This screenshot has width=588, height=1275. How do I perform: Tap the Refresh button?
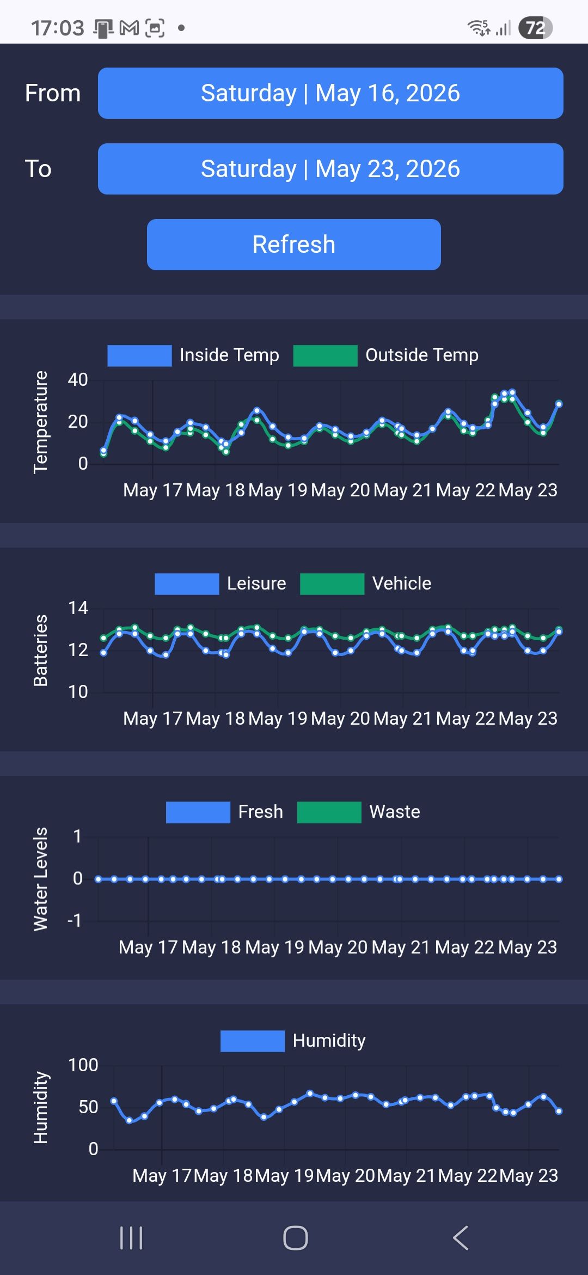coord(294,245)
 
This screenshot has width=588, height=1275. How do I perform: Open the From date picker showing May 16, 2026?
coord(330,93)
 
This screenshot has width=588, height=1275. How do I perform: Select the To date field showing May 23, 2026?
coord(330,169)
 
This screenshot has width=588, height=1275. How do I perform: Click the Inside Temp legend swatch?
coord(139,356)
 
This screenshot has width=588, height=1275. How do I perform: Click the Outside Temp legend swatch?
coord(325,356)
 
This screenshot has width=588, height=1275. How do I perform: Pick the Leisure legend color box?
coord(187,584)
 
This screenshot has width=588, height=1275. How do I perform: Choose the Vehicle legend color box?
coord(332,584)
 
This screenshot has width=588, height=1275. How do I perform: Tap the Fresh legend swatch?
coord(198,812)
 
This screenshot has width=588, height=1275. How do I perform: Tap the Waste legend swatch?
coord(329,812)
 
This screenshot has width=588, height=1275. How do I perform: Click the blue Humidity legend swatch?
coord(253,1041)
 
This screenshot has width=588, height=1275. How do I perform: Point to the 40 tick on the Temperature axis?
coord(78,380)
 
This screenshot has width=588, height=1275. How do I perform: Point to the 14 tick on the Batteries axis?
coord(78,608)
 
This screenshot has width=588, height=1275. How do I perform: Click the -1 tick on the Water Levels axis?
coord(74,921)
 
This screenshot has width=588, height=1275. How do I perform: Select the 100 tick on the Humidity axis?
coord(83,1065)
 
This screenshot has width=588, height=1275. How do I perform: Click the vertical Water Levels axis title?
coord(40,879)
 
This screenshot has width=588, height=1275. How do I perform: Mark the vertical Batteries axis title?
coord(40,651)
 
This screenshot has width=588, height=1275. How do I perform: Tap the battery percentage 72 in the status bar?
coord(536,28)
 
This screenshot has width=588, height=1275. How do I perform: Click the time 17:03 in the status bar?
coord(58,28)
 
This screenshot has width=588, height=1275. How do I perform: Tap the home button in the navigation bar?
coord(296,1238)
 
